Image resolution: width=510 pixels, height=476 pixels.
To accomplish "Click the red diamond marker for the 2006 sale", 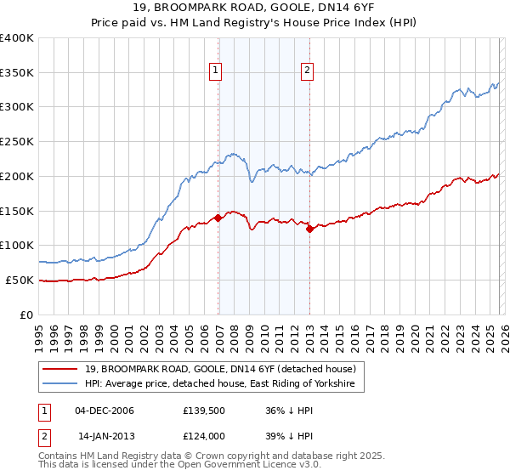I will coord(218,218).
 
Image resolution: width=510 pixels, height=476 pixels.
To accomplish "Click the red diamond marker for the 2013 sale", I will coord(309,228).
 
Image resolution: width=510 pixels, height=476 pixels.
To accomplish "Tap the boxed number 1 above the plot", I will coord(216,71).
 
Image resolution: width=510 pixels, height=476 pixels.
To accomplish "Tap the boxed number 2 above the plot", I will coord(307,71).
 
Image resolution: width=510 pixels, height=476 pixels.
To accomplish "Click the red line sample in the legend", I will coord(61,369).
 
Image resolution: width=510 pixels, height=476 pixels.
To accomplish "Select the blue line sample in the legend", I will coord(61,384).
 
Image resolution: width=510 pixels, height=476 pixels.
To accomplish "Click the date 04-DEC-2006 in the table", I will coord(105,411).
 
